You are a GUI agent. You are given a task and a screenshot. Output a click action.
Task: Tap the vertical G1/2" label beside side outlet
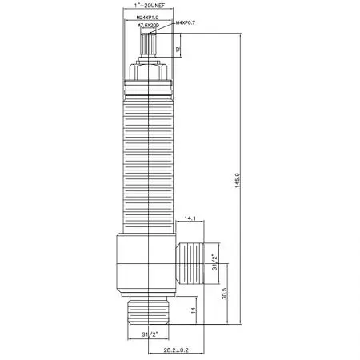214,262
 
